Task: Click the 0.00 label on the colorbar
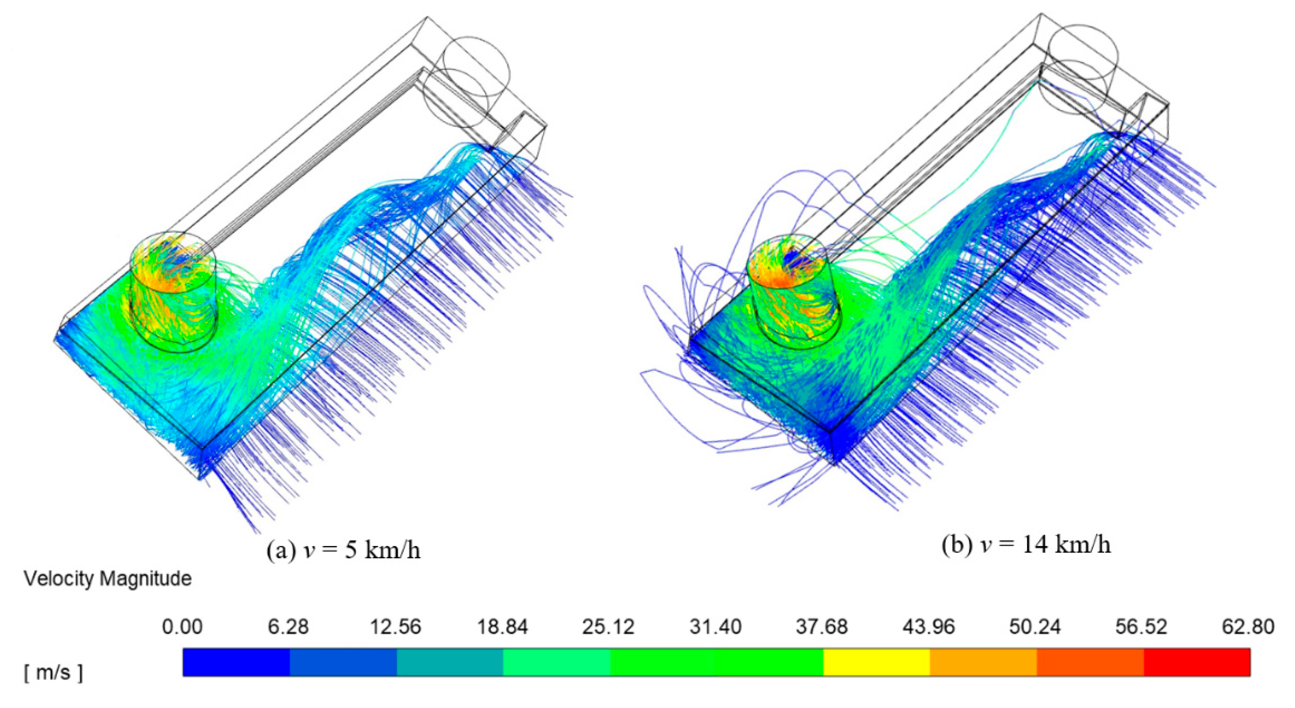(182, 627)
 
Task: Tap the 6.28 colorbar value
(288, 627)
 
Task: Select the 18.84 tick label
(502, 627)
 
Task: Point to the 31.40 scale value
(715, 627)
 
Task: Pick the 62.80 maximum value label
(1248, 627)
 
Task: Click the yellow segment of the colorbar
(876, 662)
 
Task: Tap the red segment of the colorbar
(1196, 662)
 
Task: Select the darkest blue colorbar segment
(236, 662)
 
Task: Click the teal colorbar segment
(449, 662)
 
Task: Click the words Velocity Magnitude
(108, 579)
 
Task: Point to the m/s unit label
(53, 672)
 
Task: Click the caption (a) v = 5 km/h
(343, 551)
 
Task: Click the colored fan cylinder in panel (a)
(174, 292)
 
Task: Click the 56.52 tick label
(1141, 627)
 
